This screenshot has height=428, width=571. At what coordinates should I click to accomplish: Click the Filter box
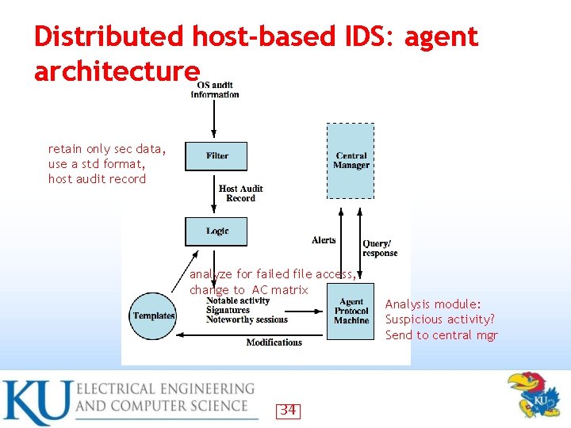point(217,156)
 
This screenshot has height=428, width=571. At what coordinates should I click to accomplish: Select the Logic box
point(217,231)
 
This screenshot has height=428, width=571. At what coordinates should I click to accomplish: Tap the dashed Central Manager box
point(351,160)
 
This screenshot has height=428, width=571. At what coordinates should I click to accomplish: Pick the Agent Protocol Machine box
point(351,311)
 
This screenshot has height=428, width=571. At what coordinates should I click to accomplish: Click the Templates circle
point(154,315)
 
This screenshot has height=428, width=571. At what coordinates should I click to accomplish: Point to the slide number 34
point(288,410)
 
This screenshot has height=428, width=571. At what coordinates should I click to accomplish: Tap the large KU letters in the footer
point(36,403)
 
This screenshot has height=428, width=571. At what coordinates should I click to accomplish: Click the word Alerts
point(324,239)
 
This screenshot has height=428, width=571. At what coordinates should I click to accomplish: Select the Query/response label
point(379,248)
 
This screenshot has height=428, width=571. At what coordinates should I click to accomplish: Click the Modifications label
point(274,342)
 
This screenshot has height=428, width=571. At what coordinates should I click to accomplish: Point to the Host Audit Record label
point(240,193)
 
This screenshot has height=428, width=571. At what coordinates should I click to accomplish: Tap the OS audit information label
point(215,90)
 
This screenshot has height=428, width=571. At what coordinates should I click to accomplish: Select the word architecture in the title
point(117,71)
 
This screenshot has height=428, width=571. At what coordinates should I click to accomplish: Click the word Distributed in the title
point(108,36)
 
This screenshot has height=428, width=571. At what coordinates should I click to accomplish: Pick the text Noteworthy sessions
point(247,320)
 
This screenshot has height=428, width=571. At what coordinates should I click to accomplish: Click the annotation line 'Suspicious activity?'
point(439,319)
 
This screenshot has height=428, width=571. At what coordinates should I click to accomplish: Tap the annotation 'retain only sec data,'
point(106,149)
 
